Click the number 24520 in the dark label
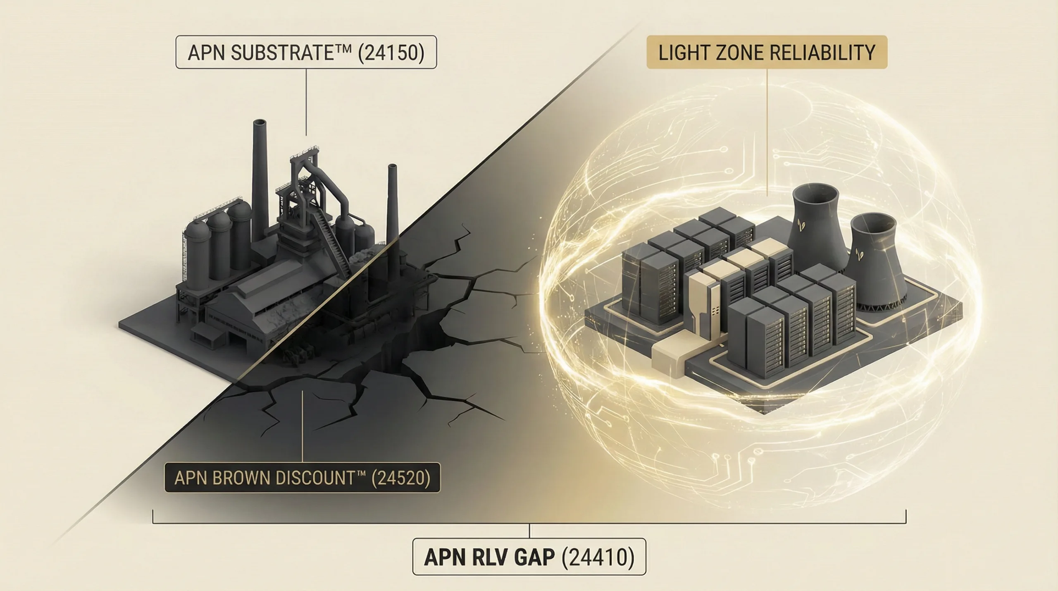click(400, 478)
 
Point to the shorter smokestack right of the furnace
click(392, 207)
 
